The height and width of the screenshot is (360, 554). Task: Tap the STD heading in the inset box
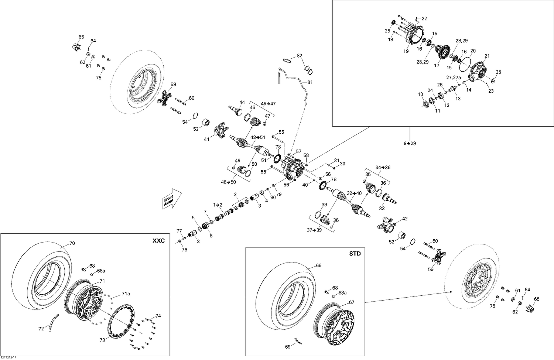pyautogui.click(x=355, y=254)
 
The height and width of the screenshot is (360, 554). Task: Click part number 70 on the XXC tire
pyautogui.click(x=72, y=243)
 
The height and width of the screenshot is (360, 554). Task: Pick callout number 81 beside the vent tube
pyautogui.click(x=310, y=82)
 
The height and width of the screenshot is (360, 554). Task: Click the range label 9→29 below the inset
pyautogui.click(x=410, y=143)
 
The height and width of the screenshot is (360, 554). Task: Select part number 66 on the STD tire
pyautogui.click(x=318, y=265)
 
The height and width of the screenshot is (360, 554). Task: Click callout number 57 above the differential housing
pyautogui.click(x=298, y=151)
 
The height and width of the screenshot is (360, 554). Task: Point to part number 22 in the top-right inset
pyautogui.click(x=424, y=18)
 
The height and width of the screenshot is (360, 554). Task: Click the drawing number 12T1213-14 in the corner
pyautogui.click(x=9, y=357)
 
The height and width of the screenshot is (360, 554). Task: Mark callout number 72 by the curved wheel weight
pyautogui.click(x=41, y=328)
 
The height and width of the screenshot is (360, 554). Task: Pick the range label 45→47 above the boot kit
pyautogui.click(x=268, y=104)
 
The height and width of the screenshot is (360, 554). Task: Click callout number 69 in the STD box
pyautogui.click(x=288, y=347)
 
